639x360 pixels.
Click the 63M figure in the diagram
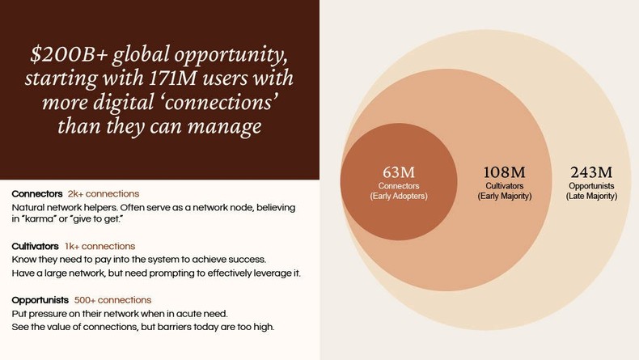[x=398, y=172]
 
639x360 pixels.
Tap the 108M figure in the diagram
[x=504, y=172]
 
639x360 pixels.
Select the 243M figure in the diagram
[x=590, y=172]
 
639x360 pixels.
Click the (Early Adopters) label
[x=398, y=197]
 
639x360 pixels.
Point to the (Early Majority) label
[x=504, y=197]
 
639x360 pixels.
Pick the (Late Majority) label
[x=590, y=197]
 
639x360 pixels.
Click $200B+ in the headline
[x=64, y=56]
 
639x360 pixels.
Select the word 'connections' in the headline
[x=222, y=104]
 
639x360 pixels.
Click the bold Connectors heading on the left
[x=37, y=194]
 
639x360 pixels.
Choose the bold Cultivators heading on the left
[x=36, y=246]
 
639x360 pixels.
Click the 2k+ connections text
[x=104, y=194]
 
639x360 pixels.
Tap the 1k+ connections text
[x=100, y=246]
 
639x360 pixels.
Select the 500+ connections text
[x=112, y=299]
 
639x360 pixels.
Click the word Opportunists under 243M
[x=590, y=186]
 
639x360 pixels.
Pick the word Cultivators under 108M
[x=504, y=186]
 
